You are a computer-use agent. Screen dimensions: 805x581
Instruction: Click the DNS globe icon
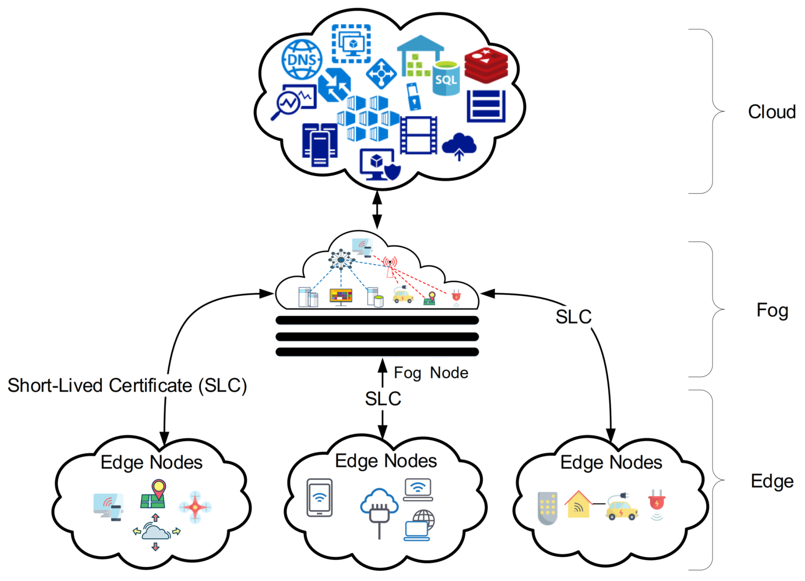pos(302,59)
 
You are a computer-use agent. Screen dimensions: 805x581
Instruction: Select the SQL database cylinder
pos(446,78)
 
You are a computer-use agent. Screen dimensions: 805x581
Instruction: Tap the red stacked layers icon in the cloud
pos(486,65)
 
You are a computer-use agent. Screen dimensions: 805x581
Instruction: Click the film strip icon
pos(418,135)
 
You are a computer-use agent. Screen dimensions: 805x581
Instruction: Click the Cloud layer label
pos(772,112)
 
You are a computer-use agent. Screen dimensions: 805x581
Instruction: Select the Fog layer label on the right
pos(772,311)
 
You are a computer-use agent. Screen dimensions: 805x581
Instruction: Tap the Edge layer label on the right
pos(772,482)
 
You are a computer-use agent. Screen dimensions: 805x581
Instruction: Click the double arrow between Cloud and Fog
pos(377,210)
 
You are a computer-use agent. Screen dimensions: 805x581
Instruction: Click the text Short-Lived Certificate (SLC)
pos(127,386)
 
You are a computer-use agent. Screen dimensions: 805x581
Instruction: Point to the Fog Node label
pos(431,373)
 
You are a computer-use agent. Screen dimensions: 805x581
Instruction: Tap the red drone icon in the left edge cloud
pos(195,507)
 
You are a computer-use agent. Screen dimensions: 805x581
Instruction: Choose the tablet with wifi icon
pos(319,497)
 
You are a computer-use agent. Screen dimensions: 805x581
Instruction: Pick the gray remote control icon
pos(547,508)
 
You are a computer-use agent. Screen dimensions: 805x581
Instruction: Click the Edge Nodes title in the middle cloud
pos(386,461)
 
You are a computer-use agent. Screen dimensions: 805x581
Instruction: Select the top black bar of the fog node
pos(377,320)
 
